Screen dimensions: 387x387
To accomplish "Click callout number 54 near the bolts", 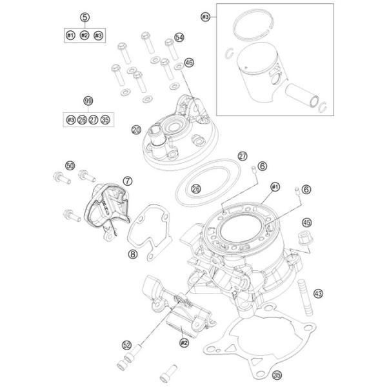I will point(179,38).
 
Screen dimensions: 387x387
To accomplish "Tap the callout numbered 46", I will point(189,63).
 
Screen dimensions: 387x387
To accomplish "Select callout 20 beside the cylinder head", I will point(136,130).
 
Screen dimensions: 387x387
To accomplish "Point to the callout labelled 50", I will point(52,166).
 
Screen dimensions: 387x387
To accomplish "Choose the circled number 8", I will point(132,255).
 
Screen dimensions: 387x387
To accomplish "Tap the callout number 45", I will point(306,221).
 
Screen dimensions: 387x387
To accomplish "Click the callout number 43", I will point(317,293).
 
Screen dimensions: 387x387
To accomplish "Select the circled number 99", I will point(88,101).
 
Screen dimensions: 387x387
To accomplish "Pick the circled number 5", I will point(84,17).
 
